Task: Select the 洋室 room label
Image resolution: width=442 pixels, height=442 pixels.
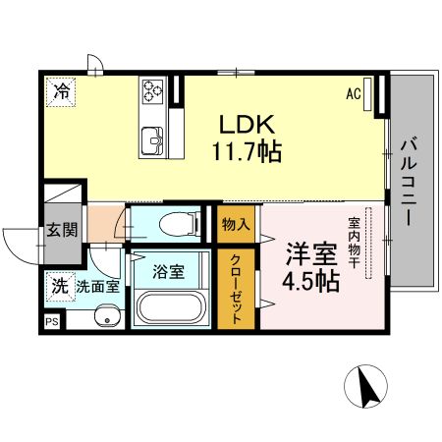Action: click(x=306, y=252)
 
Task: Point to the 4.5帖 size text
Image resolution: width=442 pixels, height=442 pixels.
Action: click(x=311, y=281)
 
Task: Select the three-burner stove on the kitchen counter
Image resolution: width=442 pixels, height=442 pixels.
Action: click(x=154, y=90)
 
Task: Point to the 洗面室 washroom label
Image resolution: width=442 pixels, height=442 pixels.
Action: click(x=97, y=287)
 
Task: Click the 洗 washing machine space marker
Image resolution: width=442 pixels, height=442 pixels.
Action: click(x=59, y=287)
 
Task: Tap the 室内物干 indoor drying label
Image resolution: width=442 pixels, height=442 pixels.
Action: click(x=351, y=247)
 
